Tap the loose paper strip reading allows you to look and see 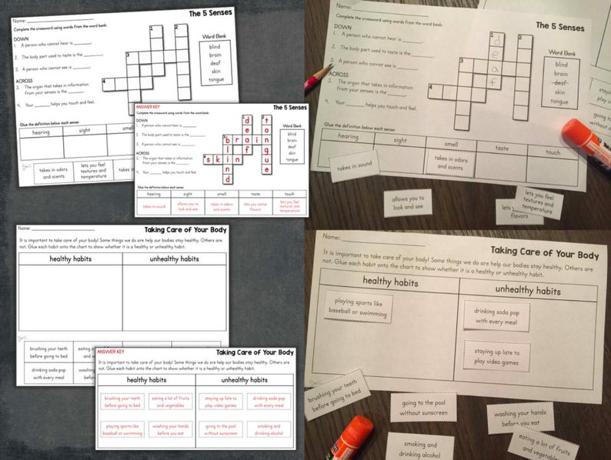click(408, 203)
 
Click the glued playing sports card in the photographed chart click(358, 306)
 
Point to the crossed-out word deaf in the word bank click(559, 82)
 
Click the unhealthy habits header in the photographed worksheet click(527, 290)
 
